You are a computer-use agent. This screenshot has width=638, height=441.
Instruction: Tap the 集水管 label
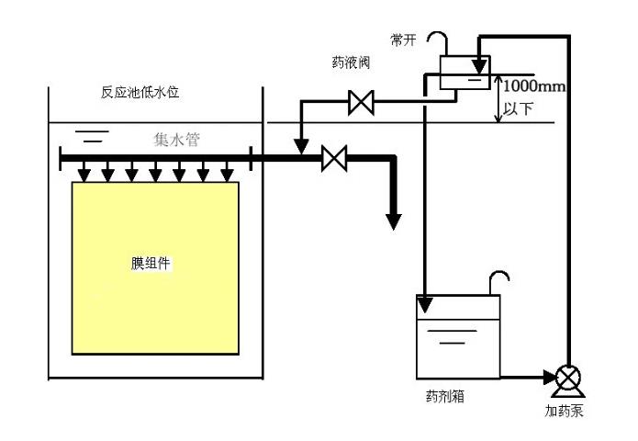click(175, 141)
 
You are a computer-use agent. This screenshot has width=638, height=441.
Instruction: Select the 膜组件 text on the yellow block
click(151, 264)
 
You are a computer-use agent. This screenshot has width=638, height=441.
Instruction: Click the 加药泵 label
click(564, 410)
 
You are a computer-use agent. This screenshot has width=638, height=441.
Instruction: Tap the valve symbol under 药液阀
click(360, 104)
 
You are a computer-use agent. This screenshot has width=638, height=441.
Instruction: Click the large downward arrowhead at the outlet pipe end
click(393, 220)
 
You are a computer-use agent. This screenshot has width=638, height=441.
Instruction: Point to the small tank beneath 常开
click(462, 73)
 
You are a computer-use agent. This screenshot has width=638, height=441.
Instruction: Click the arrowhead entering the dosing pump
click(547, 377)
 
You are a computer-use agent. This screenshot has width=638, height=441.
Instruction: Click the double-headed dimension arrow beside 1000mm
click(497, 99)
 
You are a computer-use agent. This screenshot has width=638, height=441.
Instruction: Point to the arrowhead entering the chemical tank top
click(425, 301)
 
